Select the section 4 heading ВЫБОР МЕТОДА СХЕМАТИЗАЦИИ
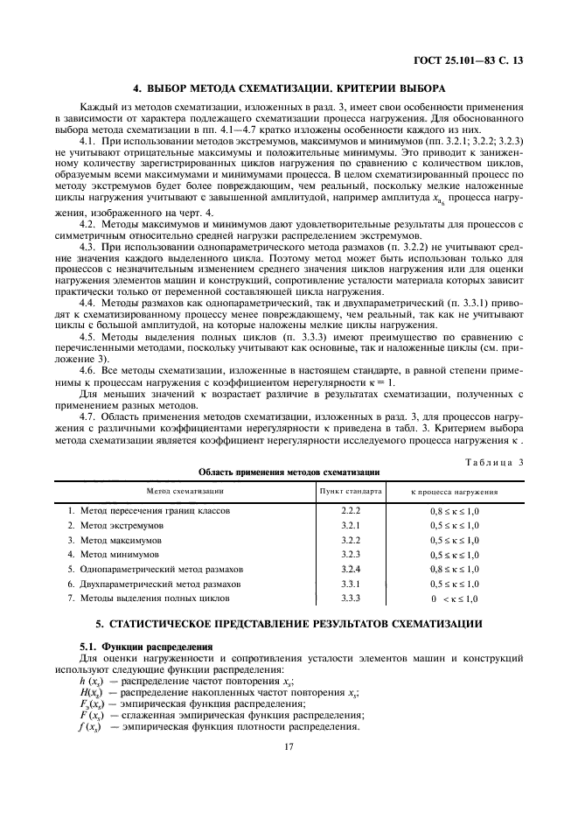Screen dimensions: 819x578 pos(289,88)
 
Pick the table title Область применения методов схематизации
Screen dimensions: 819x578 pos(289,472)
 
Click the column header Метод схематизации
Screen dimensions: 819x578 pos(185,491)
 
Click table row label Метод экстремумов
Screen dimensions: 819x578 pos(118,525)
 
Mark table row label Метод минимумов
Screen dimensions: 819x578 pos(115,555)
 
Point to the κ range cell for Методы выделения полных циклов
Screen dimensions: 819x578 pos(454,598)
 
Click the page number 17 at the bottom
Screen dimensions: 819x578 pos(289,747)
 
